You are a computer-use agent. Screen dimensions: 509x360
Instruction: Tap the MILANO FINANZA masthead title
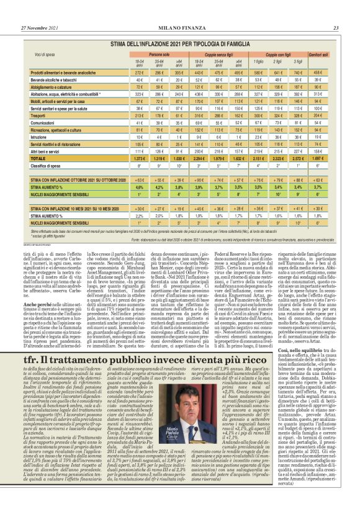pos(179,11)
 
